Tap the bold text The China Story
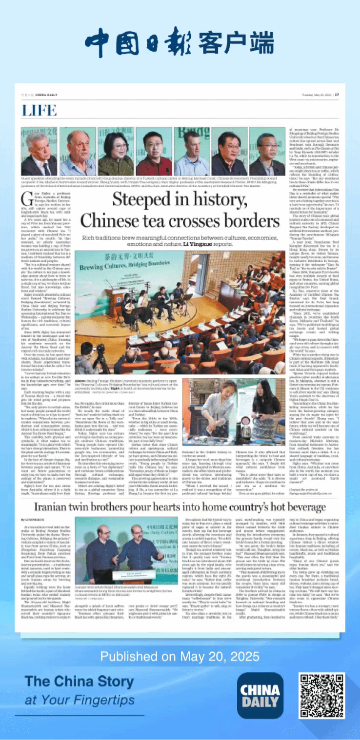pos(79,681)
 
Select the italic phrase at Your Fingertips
pos(80,701)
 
